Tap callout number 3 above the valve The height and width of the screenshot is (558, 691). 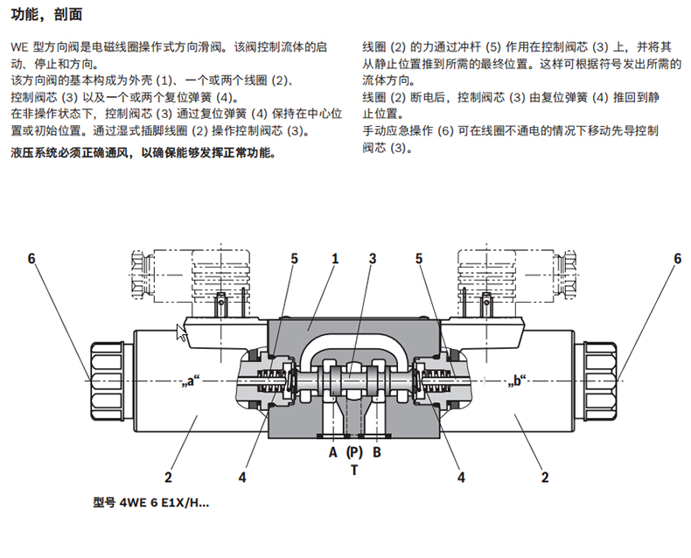pos(373,259)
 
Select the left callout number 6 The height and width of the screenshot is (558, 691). pos(31,259)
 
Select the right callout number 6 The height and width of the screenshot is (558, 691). pos(677,259)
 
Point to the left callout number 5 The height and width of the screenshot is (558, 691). pos(295,259)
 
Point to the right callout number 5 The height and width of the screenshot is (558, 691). pos(420,259)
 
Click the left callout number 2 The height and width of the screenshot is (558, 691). pos(169,478)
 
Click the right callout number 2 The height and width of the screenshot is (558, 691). pos(545,478)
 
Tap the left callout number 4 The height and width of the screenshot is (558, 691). pos(242,478)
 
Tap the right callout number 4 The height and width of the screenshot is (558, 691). pos(461,478)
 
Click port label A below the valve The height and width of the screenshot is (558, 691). pos(332,452)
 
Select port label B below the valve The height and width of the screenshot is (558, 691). pos(377,452)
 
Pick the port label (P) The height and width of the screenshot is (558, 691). pos(354,452)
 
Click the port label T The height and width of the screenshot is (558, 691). pos(354,470)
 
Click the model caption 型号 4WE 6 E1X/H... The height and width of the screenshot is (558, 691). pos(150,503)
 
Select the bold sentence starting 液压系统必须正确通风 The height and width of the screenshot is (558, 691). pos(142,153)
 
